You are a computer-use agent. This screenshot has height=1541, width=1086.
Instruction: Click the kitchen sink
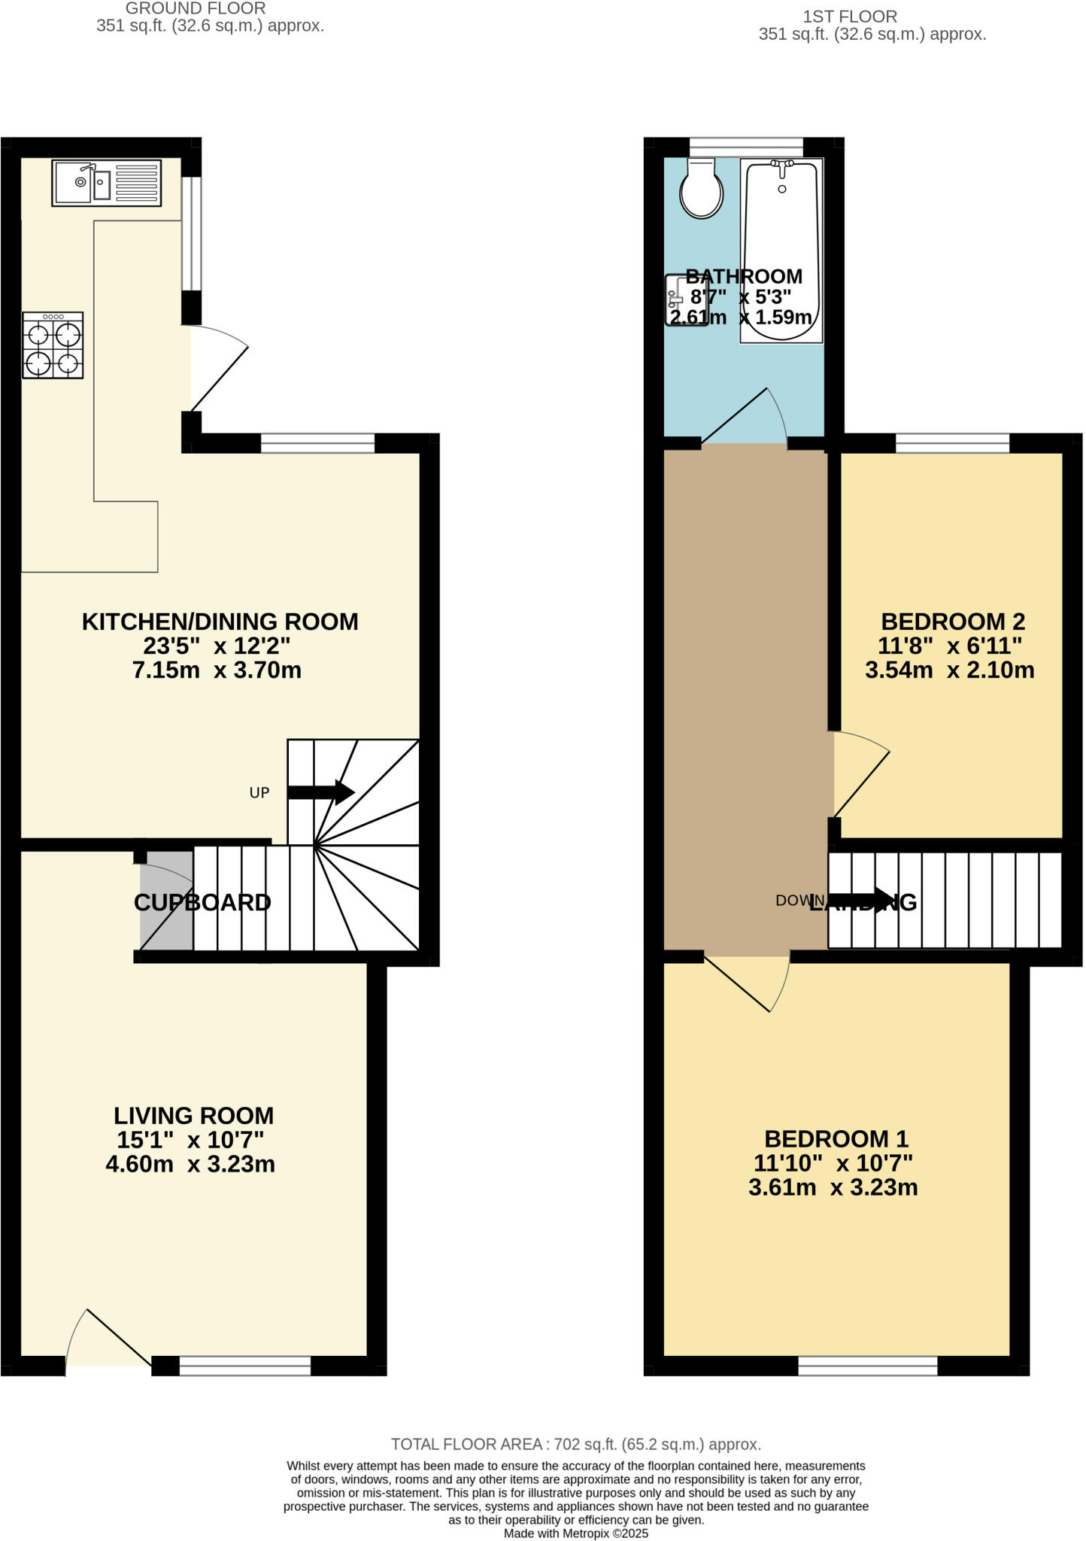[x=106, y=183]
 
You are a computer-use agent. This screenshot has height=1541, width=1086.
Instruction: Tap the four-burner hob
[x=53, y=345]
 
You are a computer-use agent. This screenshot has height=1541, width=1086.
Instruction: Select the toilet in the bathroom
[x=701, y=190]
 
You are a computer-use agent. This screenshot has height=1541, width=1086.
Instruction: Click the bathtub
[x=781, y=251]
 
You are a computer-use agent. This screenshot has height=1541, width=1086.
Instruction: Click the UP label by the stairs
[x=259, y=792]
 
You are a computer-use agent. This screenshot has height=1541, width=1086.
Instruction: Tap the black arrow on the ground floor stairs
[x=320, y=792]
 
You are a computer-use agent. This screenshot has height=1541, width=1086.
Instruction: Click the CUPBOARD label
[x=202, y=902]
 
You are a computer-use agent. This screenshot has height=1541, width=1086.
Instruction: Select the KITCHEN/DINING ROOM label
[x=220, y=622]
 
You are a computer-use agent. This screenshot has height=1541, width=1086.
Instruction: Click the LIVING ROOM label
[x=193, y=1115]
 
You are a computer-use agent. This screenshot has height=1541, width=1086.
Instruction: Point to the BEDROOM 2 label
[x=953, y=622]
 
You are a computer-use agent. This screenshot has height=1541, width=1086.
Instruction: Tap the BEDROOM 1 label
[x=836, y=1138]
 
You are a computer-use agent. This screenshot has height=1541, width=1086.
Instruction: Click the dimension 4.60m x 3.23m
[x=190, y=1164]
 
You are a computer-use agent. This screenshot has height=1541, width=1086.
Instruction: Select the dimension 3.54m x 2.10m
[x=950, y=670]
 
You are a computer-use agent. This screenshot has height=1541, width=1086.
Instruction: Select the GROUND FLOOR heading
[x=196, y=9]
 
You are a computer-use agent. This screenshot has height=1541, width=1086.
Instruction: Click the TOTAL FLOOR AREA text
[x=575, y=1444]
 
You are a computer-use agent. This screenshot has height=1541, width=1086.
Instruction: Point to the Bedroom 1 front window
[x=868, y=1365]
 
